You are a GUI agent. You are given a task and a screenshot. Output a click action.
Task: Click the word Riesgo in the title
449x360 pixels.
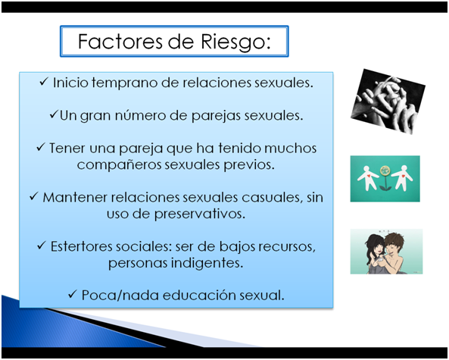(235, 42)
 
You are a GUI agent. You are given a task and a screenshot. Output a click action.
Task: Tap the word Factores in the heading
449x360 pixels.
(120, 42)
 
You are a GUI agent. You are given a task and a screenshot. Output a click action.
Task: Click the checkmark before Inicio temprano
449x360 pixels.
(44, 82)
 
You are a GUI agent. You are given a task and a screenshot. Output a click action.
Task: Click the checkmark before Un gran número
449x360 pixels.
(54, 114)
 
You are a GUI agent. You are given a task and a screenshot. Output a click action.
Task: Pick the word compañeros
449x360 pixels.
(119, 164)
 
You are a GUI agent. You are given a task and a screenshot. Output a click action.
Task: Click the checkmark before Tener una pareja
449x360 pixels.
(41, 147)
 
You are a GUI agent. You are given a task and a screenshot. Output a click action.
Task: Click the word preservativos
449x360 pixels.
(200, 214)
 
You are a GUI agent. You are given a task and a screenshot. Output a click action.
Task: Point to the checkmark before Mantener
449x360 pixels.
(34, 196)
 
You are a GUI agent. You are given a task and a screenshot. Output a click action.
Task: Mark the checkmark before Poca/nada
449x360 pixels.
(73, 294)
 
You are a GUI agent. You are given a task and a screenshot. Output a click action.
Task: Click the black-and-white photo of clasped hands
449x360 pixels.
(388, 102)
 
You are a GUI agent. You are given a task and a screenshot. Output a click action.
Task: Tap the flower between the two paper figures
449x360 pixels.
(385, 178)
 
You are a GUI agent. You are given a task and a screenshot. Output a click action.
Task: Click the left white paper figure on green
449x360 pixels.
(367, 178)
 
